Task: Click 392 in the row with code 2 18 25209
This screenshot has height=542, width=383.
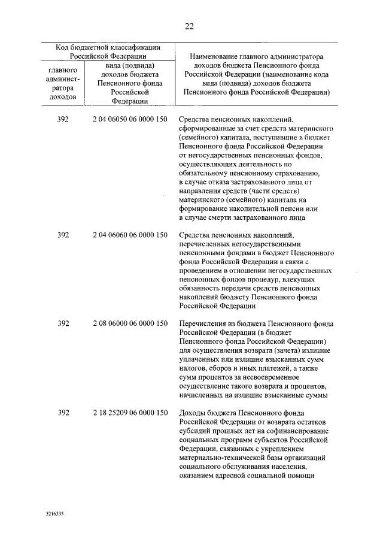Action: (x=63, y=413)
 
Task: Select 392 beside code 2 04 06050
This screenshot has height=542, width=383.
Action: (x=63, y=120)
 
